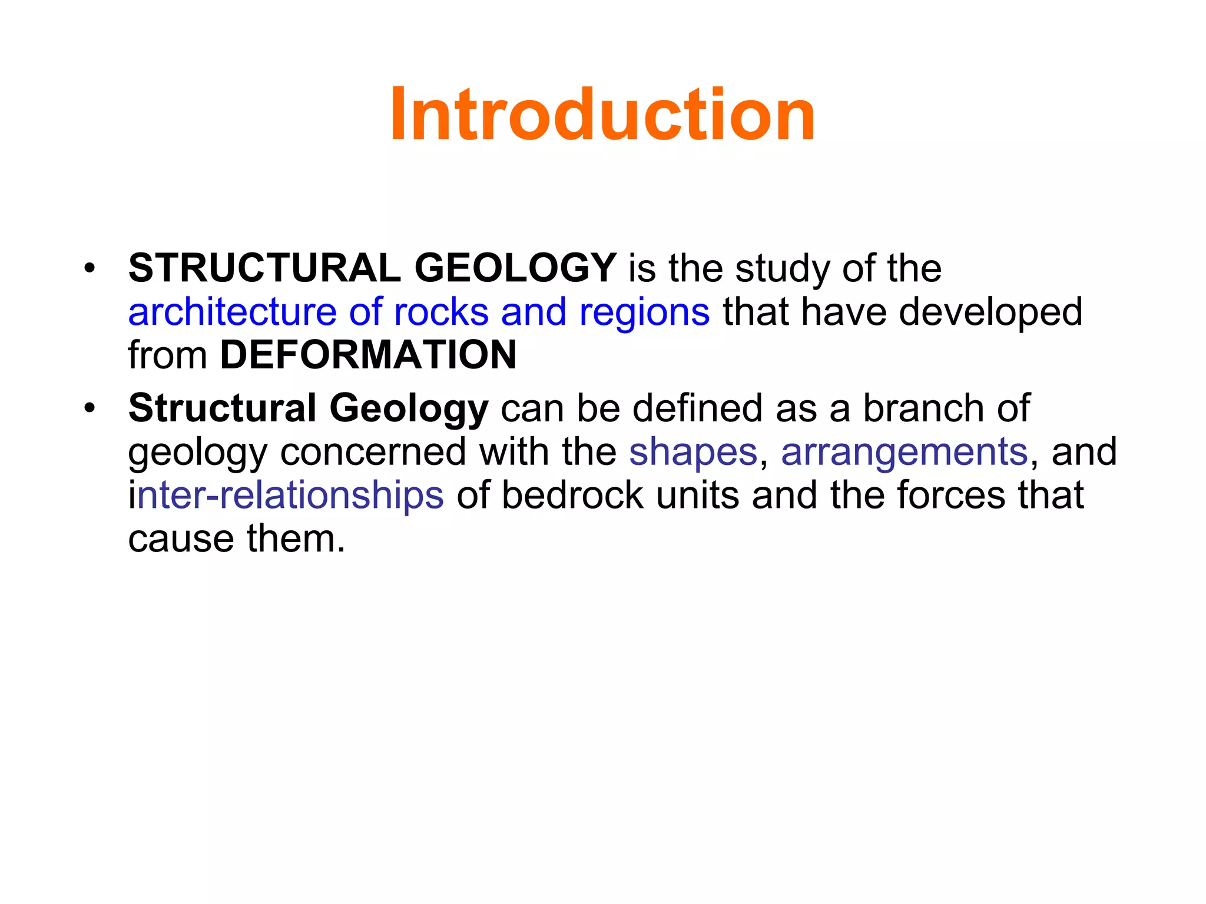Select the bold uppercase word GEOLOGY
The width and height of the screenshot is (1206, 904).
(x=515, y=268)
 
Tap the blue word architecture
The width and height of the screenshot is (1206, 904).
(x=232, y=312)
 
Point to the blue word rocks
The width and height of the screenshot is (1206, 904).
(x=441, y=312)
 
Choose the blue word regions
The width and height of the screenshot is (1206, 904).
(x=644, y=313)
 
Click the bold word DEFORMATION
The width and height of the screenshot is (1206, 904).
(x=368, y=355)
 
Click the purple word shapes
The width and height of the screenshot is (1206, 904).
(x=693, y=453)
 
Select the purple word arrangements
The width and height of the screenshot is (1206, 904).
(x=904, y=453)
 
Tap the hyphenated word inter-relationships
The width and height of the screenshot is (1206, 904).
(x=286, y=496)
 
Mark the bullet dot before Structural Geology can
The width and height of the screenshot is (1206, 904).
(x=89, y=408)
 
